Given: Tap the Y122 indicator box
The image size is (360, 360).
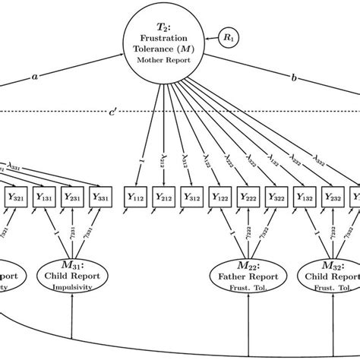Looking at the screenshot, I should click(x=219, y=197).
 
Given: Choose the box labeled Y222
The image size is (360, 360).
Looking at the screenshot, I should click(x=246, y=197).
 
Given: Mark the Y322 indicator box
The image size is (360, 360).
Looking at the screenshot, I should click(x=273, y=197).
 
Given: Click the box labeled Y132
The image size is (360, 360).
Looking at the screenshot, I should click(x=302, y=197).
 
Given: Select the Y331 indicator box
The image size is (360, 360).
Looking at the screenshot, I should click(x=99, y=197).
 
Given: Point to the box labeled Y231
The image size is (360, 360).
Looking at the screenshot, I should click(x=72, y=197).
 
